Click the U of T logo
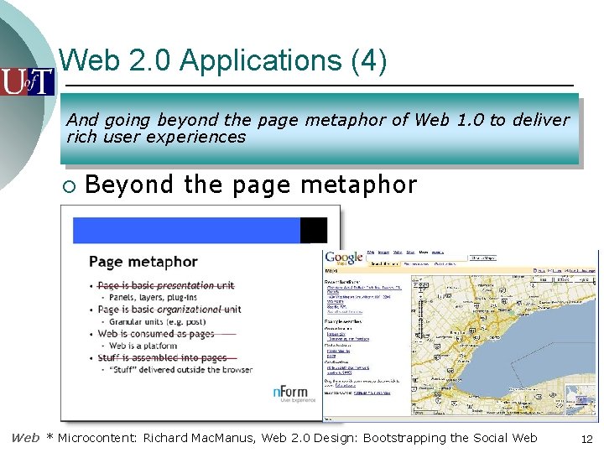click(28, 81)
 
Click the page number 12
click(586, 439)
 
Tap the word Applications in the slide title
click(249, 60)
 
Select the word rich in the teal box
click(82, 137)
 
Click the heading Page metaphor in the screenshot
click(143, 262)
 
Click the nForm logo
click(291, 392)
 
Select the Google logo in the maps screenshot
click(344, 258)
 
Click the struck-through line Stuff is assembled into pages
click(162, 357)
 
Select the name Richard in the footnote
click(166, 438)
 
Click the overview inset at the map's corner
click(580, 399)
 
